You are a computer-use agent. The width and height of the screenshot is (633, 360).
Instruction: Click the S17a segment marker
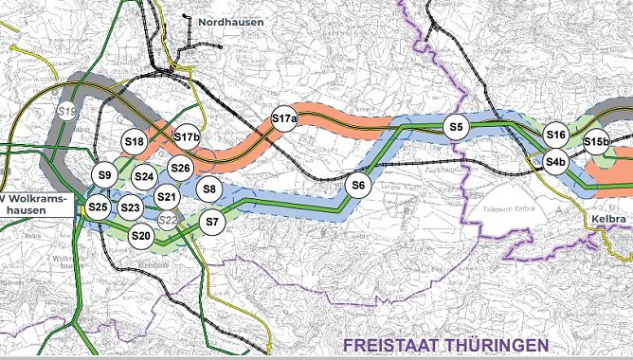point(284,118)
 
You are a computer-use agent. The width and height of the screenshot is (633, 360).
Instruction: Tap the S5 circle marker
point(456,126)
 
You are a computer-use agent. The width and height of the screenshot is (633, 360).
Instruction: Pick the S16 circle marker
point(555,135)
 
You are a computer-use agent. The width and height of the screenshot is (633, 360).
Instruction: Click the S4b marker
point(555,163)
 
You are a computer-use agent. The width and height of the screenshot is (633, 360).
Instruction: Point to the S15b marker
point(595,142)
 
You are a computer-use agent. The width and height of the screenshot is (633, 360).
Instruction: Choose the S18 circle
point(135,142)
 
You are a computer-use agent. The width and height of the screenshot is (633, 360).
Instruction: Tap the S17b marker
point(187,137)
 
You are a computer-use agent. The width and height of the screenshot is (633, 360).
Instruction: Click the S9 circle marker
point(105,175)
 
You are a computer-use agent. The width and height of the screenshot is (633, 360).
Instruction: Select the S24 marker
point(144,176)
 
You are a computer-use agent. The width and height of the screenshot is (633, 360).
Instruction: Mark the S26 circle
point(181,169)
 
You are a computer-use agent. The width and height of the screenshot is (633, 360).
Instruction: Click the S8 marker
point(210,189)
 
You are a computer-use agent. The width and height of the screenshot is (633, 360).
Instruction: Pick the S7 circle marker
point(212,224)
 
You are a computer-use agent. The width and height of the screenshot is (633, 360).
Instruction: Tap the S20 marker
point(141,235)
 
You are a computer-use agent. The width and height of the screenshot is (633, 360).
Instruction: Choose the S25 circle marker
point(98,207)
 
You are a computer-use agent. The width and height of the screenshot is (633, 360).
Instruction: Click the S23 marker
point(131,207)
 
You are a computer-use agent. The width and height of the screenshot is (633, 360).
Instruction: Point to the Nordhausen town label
point(231,21)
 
